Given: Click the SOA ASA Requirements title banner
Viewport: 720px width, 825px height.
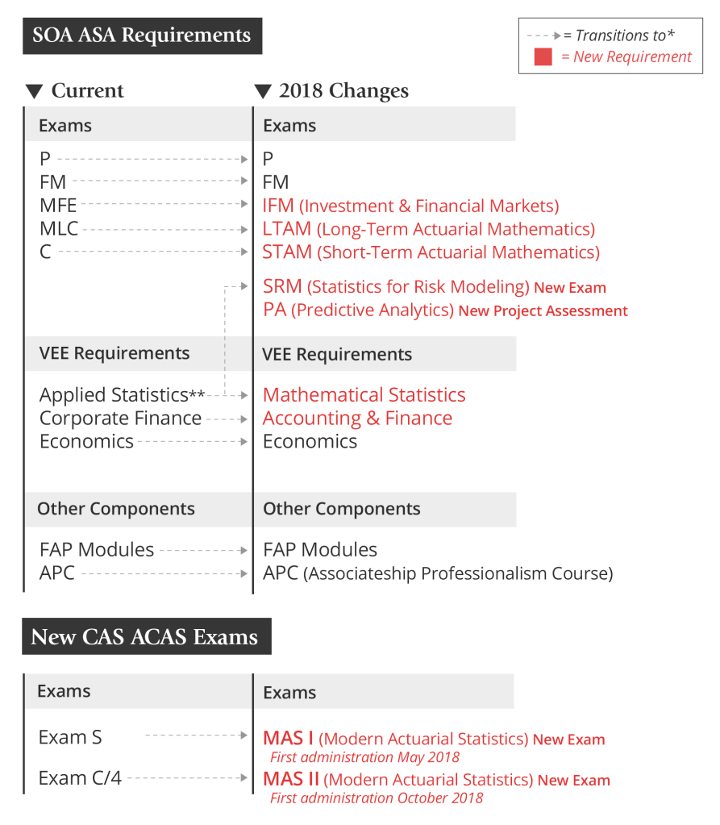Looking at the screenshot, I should pos(142,35).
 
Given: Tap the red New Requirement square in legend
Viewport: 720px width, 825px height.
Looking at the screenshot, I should pos(543,57).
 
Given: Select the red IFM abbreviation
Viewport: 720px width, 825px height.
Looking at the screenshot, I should pos(278,206).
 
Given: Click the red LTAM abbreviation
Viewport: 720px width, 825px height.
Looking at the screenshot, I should pos(286,229).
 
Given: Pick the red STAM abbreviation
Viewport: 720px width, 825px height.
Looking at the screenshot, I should pos(287,252).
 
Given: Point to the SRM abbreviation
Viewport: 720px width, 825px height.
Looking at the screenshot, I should pos(282,286).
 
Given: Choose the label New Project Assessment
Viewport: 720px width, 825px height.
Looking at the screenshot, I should pos(543,310).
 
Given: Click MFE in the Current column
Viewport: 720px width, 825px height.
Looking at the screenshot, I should pos(58,206).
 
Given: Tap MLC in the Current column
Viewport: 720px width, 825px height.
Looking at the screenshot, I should pos(59,229).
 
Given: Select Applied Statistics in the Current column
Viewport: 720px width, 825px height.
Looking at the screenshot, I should pos(114,395).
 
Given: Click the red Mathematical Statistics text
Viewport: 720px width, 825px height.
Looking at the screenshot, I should pos(364,395).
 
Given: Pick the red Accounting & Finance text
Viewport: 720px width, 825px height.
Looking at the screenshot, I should pos(357,419).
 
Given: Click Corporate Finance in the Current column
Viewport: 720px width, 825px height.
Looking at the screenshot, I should pos(120,419).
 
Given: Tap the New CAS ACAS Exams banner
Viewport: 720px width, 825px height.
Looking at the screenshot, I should pos(145,637).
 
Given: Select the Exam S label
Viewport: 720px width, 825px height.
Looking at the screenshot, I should pos(70,737).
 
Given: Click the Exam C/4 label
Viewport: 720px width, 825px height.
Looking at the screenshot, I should pos(80,778).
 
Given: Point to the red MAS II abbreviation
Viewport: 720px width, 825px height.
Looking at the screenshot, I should pos(292,780).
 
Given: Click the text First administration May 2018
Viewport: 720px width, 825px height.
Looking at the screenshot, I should pos(364,757).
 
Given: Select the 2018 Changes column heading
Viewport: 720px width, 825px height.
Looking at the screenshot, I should pos(343,91).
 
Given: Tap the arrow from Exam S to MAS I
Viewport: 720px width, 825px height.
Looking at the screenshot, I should pos(196,735).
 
